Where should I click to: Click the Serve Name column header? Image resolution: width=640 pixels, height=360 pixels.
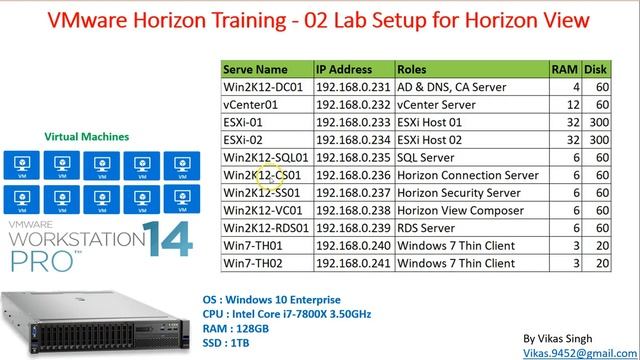256,70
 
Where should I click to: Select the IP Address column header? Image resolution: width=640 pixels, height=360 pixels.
346,70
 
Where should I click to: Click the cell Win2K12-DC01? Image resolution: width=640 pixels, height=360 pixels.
264,88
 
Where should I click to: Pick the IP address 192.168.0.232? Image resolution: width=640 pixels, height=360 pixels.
353,105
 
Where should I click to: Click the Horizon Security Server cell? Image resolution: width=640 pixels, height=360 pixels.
461,193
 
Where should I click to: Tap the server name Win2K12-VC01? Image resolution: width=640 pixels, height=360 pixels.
263,210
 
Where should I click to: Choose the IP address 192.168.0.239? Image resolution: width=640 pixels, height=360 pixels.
353,228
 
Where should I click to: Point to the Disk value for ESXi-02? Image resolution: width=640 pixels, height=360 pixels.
600,140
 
